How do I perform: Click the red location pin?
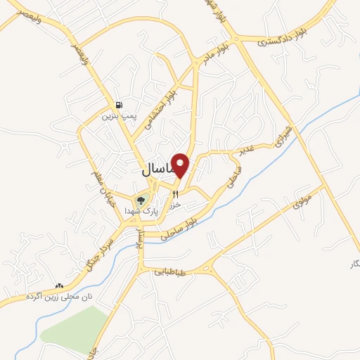pyautogui.click(x=181, y=165)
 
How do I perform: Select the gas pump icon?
pyautogui.click(x=120, y=104)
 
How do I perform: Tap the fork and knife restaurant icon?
pyautogui.click(x=176, y=193)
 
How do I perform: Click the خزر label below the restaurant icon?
pyautogui.click(x=176, y=204)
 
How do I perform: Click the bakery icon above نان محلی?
pyautogui.click(x=59, y=287)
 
